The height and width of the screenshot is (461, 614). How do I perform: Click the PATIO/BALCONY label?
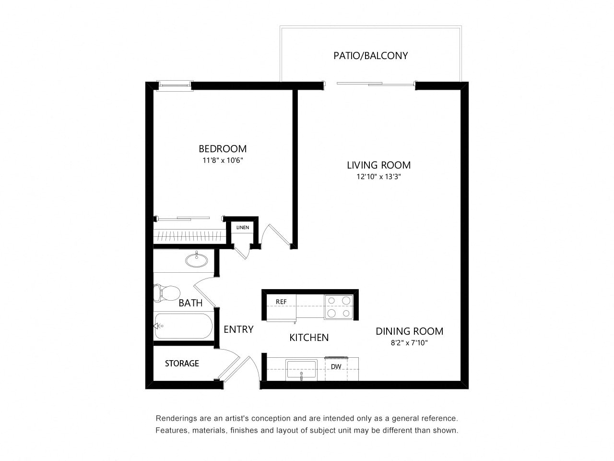click(370, 56)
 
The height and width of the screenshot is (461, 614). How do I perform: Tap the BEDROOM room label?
click(223, 149)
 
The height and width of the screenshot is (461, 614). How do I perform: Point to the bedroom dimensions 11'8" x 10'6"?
click(223, 160)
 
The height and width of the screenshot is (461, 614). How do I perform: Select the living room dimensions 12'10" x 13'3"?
click(378, 177)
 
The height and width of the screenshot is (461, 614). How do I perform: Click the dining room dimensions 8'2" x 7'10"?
click(409, 342)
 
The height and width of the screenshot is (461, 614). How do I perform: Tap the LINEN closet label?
click(243, 227)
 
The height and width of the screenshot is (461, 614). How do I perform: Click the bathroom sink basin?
click(197, 260)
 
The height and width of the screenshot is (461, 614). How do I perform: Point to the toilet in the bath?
click(166, 293)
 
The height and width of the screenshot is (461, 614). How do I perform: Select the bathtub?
click(183, 326)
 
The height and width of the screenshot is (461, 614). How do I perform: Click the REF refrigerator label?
click(281, 302)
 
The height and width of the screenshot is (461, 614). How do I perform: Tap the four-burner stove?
click(339, 307)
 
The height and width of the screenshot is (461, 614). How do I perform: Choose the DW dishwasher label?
click(336, 366)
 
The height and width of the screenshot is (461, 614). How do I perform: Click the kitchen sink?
click(301, 370)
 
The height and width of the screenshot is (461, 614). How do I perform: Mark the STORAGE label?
click(182, 364)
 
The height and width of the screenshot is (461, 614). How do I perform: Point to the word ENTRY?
click(238, 329)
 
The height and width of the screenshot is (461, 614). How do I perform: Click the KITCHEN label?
click(309, 338)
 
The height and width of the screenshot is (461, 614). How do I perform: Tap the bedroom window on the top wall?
click(175, 85)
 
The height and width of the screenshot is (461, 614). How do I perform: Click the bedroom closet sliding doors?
click(189, 218)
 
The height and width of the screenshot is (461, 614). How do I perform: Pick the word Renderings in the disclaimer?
click(177, 418)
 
